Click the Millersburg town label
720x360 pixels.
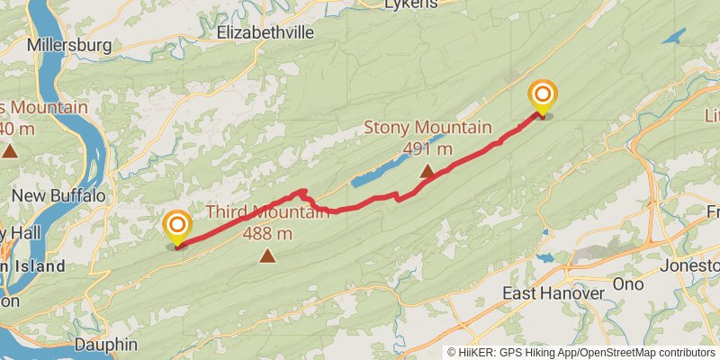pyautogui.click(x=68, y=44)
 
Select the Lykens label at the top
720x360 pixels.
pyautogui.click(x=409, y=4)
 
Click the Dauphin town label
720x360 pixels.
pyautogui.click(x=105, y=344)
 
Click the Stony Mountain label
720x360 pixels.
pyautogui.click(x=427, y=127)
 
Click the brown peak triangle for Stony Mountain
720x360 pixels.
pyautogui.click(x=427, y=169)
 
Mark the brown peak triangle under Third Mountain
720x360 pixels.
pyautogui.click(x=267, y=256)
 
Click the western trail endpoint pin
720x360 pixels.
pyautogui.click(x=177, y=226)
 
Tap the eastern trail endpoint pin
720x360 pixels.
pyautogui.click(x=542, y=96)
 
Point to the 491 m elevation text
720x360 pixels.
pyautogui.click(x=427, y=148)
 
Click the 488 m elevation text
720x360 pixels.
pyautogui.click(x=267, y=234)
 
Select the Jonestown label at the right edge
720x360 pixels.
pyautogui.click(x=690, y=265)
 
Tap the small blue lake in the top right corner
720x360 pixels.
pyautogui.click(x=673, y=38)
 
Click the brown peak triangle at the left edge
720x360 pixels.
pyautogui.click(x=10, y=149)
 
